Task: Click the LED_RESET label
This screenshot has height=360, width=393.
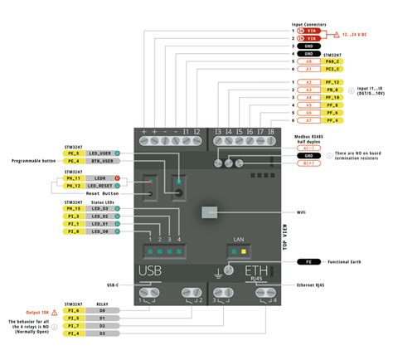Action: [101, 186]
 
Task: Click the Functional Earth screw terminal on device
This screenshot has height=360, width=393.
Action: [219, 270]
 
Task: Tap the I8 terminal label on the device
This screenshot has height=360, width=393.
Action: [270, 132]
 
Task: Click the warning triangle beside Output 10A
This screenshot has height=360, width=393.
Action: [55, 309]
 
